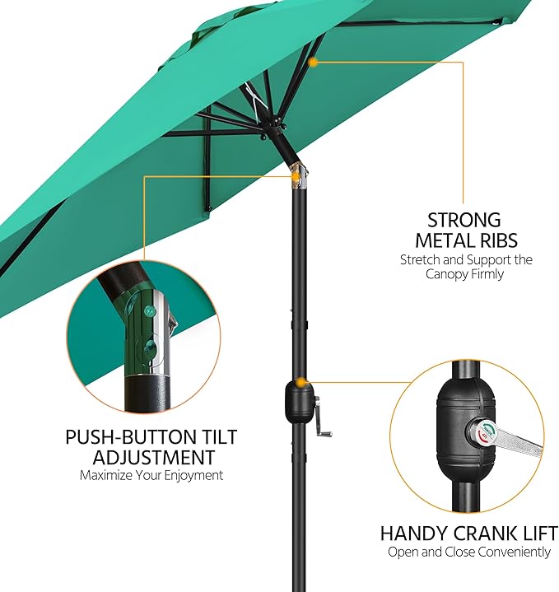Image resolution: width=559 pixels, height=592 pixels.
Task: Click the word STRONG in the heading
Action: [x=464, y=220]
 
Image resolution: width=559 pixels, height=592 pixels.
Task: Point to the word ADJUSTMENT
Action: [x=154, y=457]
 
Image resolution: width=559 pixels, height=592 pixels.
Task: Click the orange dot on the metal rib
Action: [x=313, y=63]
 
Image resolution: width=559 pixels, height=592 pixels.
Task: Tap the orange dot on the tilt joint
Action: [x=296, y=176]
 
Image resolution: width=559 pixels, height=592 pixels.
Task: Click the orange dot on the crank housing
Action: [x=300, y=382]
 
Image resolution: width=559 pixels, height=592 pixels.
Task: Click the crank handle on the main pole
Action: [x=324, y=417]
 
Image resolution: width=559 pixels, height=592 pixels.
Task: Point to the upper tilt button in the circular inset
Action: [x=150, y=310]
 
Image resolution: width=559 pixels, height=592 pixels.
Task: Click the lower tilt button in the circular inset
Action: [x=151, y=345]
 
